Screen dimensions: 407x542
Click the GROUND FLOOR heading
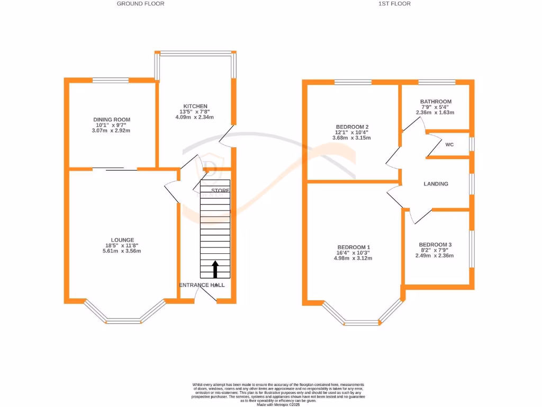coord(140,4)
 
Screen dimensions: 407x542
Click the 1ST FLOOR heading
coord(395,4)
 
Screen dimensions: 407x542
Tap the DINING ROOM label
coord(111,120)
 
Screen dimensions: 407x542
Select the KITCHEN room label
coord(195,107)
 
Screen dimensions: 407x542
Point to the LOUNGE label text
coord(122,240)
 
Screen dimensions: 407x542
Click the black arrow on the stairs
coord(215,269)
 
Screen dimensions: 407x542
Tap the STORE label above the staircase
coord(220,190)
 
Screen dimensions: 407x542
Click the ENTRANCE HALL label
coord(202,285)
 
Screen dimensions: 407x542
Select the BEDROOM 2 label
coord(352,127)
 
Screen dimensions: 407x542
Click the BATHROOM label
coord(436,102)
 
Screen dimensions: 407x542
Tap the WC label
coord(449,144)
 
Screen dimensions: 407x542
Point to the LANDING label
coord(436,184)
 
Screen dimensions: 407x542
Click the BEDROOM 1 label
coord(354,247)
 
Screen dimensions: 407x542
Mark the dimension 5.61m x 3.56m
coord(122,251)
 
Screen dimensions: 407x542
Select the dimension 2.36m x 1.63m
coord(436,112)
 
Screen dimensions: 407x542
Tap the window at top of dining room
coord(111,81)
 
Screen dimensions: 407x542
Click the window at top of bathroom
coord(437,82)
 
